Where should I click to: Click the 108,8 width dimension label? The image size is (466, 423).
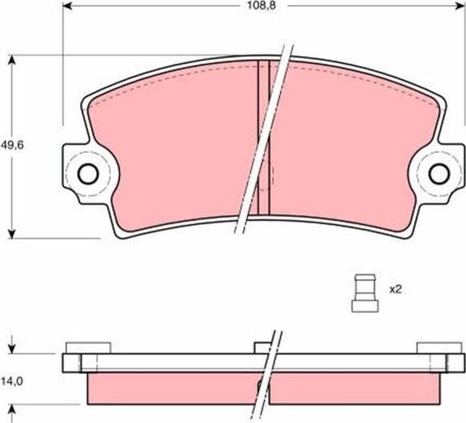(x=262, y=5)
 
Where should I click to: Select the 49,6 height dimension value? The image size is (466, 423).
(x=12, y=145)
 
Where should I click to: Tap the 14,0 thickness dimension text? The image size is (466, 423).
(x=12, y=381)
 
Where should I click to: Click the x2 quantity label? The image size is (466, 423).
(x=395, y=290)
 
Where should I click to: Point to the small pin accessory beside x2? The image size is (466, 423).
(x=365, y=293)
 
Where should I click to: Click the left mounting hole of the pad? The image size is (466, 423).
(x=88, y=173)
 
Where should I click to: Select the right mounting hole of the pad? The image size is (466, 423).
(x=439, y=173)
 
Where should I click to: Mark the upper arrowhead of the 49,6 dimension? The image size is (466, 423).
(x=11, y=61)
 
